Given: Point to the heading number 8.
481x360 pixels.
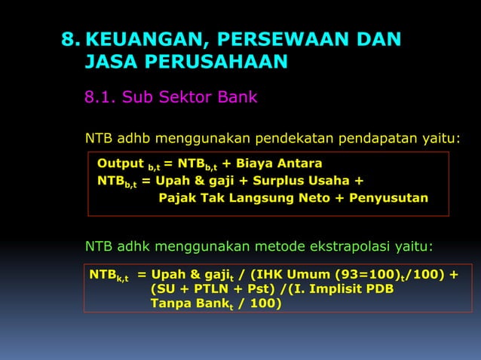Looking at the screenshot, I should (71, 40).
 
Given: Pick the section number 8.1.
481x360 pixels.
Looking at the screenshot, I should (100, 97).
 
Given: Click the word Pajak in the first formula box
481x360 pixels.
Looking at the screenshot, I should (176, 198).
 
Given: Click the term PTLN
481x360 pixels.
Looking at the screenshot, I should (205, 289).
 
